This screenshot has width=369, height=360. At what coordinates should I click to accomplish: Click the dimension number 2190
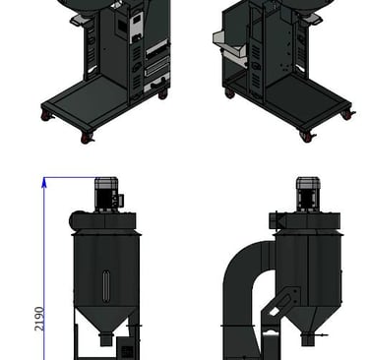click(x=39, y=319)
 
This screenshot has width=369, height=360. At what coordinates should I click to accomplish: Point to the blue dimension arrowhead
click(x=44, y=182)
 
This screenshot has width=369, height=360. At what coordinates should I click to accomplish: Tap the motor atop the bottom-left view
click(x=106, y=195)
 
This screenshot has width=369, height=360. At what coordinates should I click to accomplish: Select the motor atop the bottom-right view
click(x=308, y=194)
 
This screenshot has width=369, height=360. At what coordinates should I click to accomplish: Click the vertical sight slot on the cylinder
click(x=106, y=285)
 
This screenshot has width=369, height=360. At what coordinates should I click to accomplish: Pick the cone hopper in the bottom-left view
click(x=105, y=321)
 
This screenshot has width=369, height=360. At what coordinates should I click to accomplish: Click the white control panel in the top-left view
click(x=136, y=28)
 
